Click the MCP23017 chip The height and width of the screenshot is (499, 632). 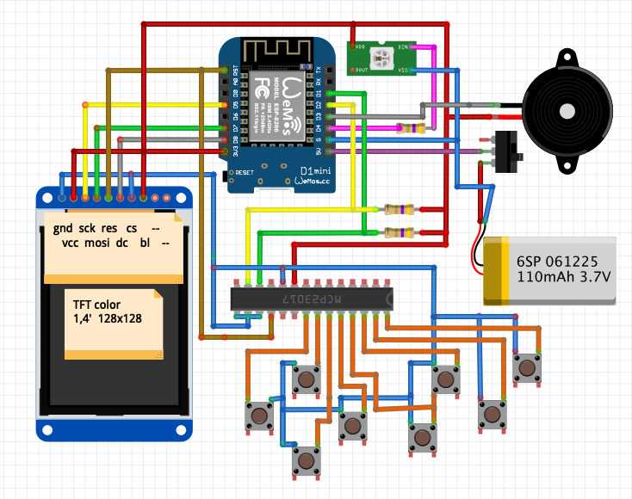point(312,298)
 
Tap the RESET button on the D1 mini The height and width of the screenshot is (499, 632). point(227,176)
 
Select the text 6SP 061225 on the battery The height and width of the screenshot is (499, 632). point(558,260)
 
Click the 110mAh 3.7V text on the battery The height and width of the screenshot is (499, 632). point(564,277)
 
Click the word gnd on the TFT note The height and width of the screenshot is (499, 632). point(63,229)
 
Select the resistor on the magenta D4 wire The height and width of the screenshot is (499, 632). point(411,129)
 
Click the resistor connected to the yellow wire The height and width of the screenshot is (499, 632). point(399,209)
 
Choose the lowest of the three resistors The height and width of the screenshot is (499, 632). point(398,231)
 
